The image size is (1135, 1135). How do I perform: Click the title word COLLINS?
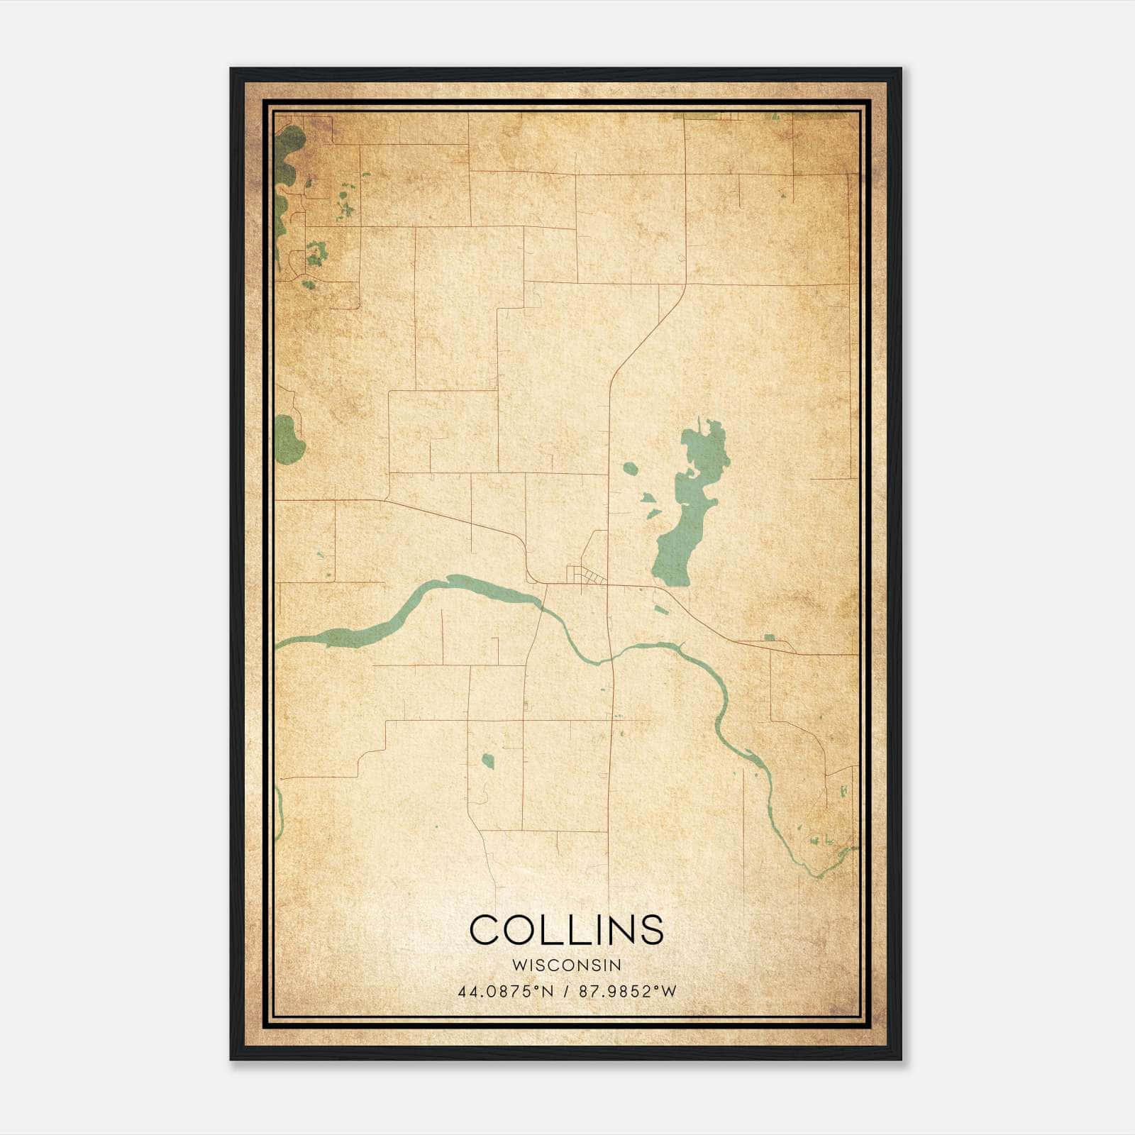(567, 929)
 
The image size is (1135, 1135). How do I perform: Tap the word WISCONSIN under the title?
(567, 965)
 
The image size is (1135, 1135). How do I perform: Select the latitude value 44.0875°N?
(505, 992)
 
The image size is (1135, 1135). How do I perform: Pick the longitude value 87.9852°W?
(628, 992)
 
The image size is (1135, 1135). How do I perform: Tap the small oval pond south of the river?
(487, 761)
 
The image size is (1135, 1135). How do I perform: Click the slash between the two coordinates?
(567, 992)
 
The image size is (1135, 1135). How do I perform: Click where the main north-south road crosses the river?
(610, 659)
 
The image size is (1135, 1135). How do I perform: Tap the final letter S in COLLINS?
(652, 929)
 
